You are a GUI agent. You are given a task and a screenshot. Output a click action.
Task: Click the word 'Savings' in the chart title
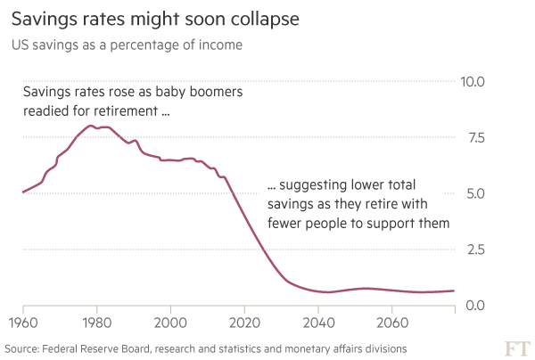(40, 18)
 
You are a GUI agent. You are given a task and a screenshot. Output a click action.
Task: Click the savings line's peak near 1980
(92, 126)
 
